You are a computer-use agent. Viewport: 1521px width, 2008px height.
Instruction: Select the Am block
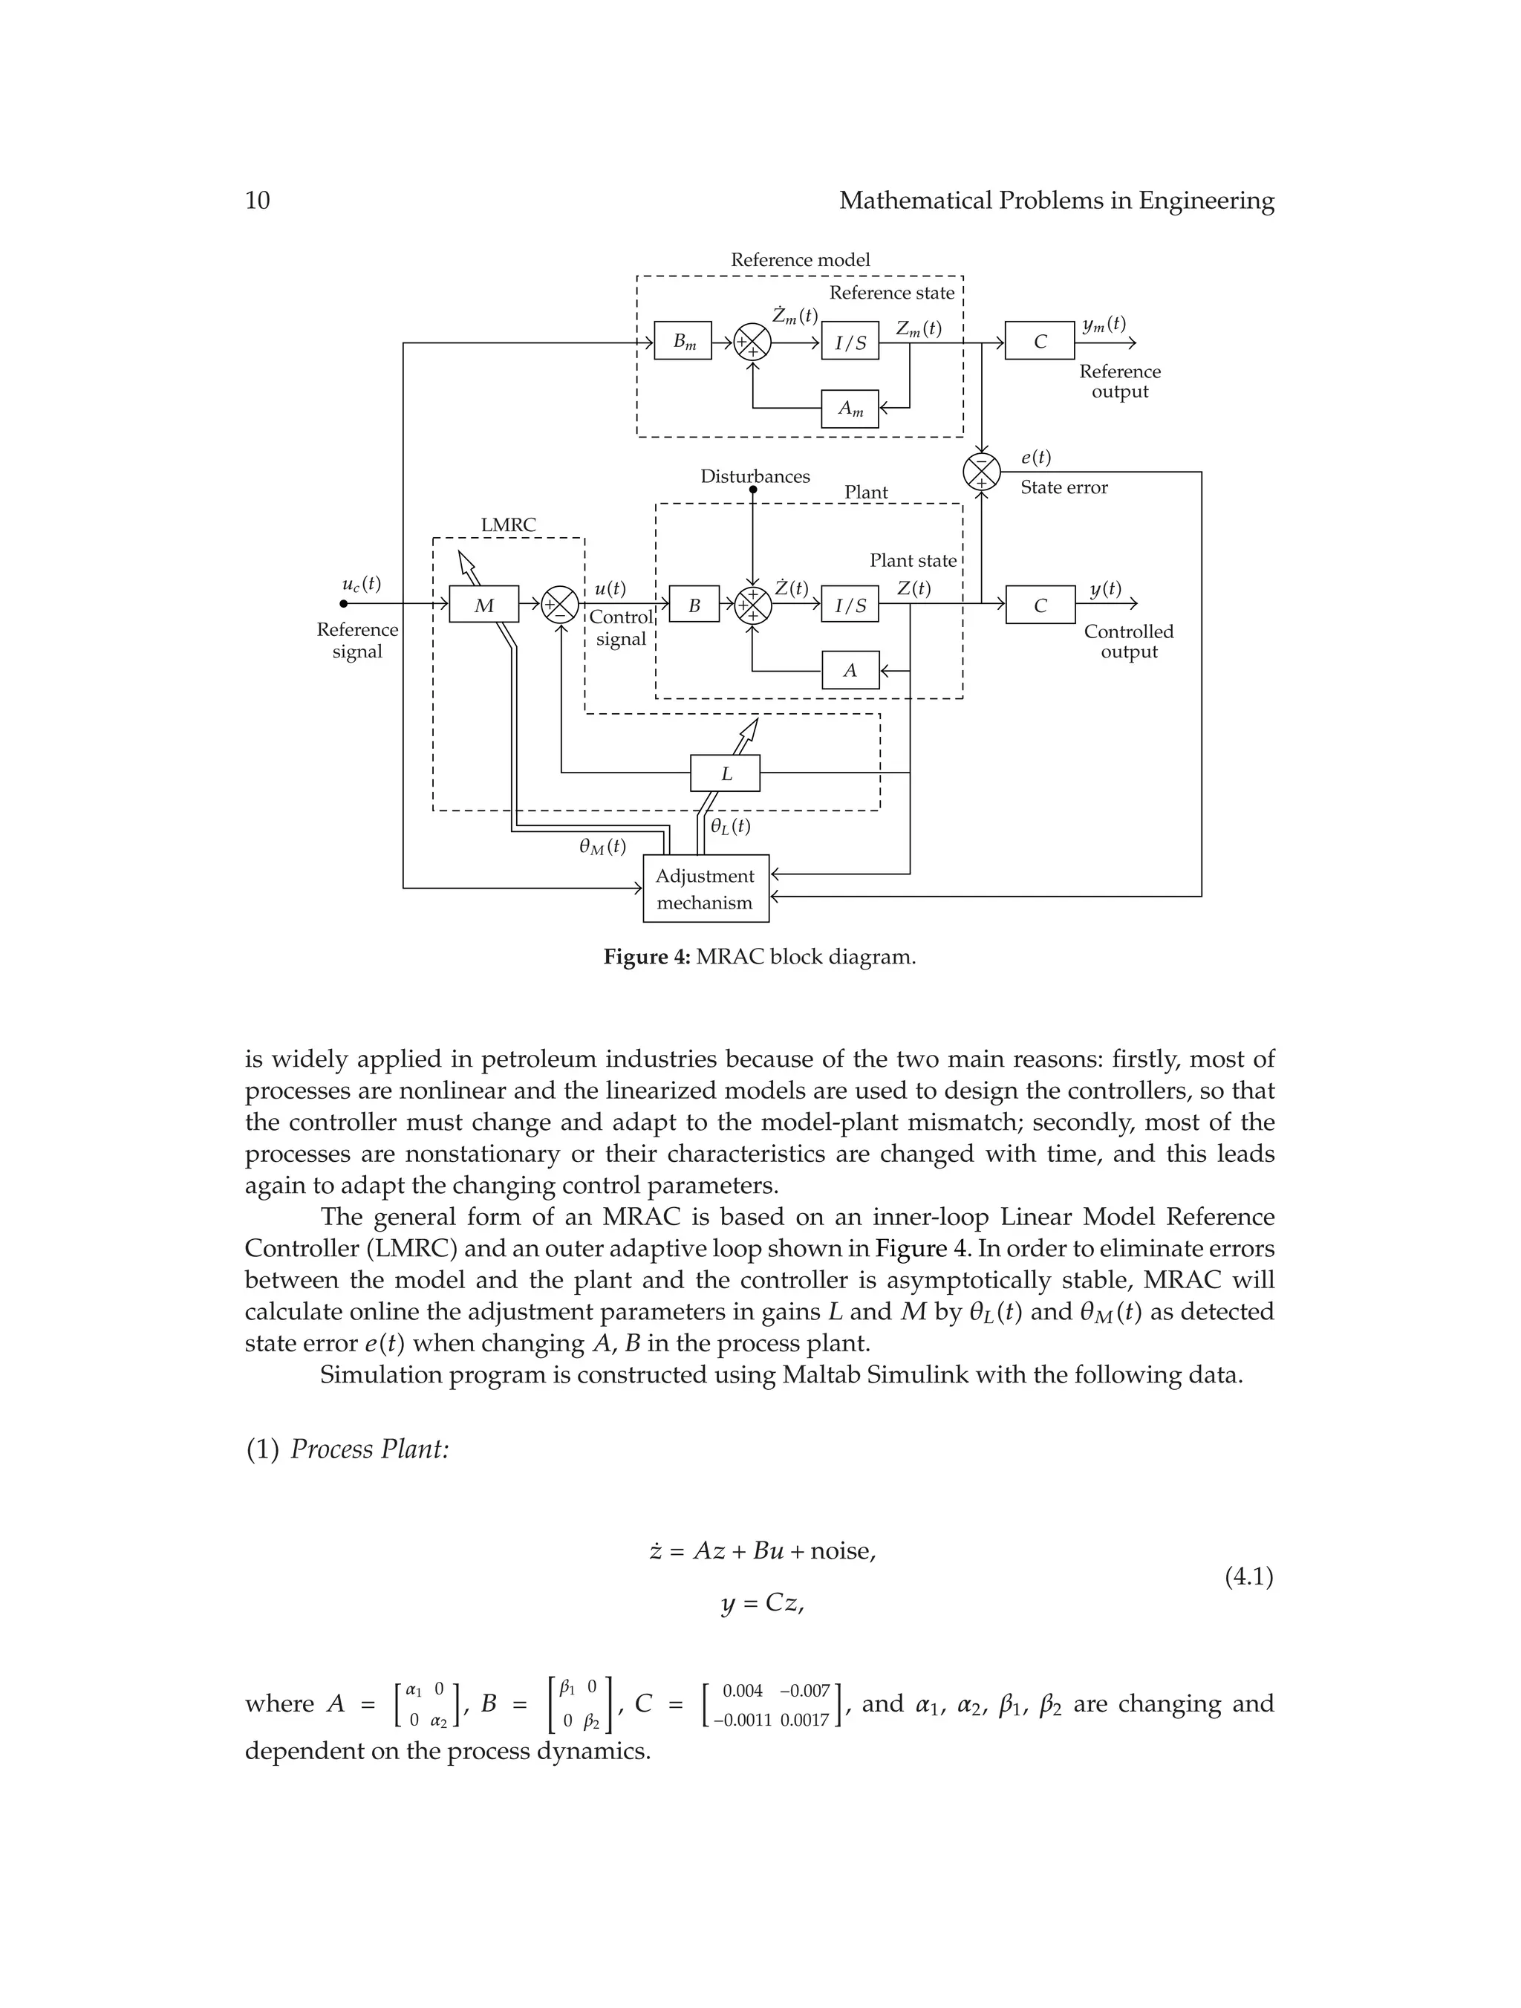[x=850, y=409]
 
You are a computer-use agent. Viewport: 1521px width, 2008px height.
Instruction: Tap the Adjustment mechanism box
[x=705, y=888]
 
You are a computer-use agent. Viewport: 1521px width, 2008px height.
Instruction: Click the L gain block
[x=725, y=773]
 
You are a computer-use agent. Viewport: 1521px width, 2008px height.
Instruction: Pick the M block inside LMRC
[x=483, y=605]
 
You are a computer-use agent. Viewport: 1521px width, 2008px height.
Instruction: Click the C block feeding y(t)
[x=1040, y=605]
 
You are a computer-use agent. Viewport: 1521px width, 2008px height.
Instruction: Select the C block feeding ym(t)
[x=1039, y=341]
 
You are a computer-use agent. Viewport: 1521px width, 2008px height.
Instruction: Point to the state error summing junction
[x=981, y=472]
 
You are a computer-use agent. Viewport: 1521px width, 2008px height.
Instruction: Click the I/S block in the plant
[x=850, y=605]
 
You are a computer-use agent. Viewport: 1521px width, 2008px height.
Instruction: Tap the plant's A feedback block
[x=850, y=671]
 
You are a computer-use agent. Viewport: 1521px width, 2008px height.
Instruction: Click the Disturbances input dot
[x=752, y=490]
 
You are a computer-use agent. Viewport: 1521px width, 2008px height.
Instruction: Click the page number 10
[x=258, y=201]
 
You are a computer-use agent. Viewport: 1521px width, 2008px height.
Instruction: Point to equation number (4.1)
[x=1248, y=1577]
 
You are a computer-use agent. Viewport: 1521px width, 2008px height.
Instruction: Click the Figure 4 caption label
[x=647, y=957]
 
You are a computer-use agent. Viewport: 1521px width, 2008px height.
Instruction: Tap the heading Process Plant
[x=369, y=1449]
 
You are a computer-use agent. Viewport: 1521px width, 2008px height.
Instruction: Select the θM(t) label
[x=602, y=846]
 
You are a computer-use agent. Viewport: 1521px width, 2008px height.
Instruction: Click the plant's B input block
[x=694, y=605]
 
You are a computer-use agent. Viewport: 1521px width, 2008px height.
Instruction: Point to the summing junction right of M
[x=560, y=605]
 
